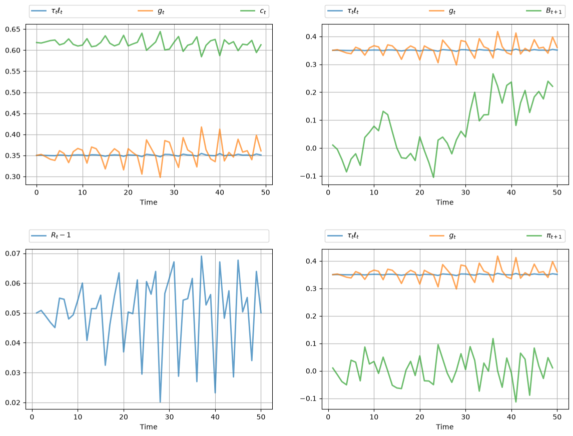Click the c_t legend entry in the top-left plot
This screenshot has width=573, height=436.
click(253, 11)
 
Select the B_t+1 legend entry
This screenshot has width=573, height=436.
click(544, 11)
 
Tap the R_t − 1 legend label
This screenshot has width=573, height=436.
click(51, 235)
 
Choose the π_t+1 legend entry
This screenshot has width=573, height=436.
click(544, 235)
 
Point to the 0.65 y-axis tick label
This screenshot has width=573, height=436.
click(13, 29)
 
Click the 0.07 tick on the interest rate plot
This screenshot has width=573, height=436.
click(13, 253)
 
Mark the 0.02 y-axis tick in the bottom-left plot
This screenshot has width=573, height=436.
click(13, 403)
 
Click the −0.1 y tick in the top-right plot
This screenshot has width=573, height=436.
click(308, 176)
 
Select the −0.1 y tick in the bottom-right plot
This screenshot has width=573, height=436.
click(308, 399)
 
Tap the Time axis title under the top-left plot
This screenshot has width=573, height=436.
click(149, 202)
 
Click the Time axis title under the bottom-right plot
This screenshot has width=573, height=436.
click(445, 427)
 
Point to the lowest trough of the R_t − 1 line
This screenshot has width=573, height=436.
click(160, 402)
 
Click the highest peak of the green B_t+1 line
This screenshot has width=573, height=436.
click(493, 74)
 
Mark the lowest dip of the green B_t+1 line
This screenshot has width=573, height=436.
click(433, 177)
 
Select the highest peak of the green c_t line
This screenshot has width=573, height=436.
click(160, 31)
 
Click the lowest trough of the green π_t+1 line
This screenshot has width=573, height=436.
click(516, 401)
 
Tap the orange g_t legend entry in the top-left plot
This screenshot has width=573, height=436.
click(151, 11)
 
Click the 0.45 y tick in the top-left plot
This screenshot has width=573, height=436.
click(13, 113)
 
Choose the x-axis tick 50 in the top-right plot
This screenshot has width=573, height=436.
click(557, 192)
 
